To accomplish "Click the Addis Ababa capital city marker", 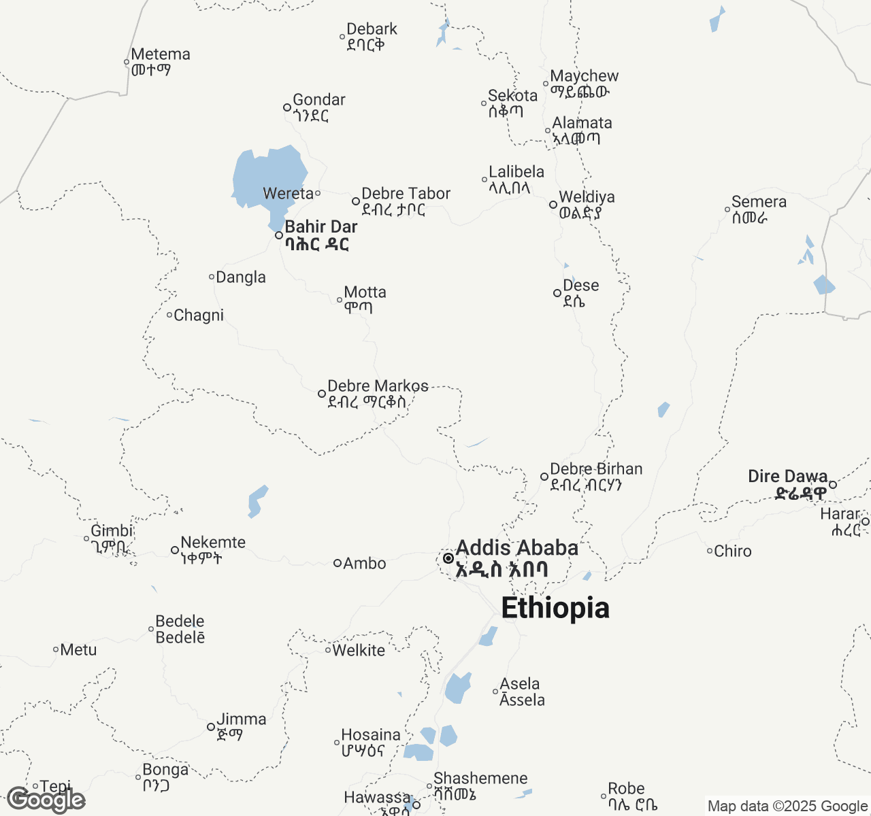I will [x=448, y=558].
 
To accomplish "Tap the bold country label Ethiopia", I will [x=555, y=608].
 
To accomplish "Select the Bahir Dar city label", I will [x=321, y=227].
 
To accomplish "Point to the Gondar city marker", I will [x=287, y=107].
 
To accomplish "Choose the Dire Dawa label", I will [x=788, y=477].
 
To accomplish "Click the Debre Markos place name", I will [x=378, y=386].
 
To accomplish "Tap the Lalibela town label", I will [x=516, y=172].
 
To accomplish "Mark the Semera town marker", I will [x=727, y=209].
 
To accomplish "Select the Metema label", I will [x=161, y=54].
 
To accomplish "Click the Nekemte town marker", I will [x=175, y=550].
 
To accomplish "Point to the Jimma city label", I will [x=241, y=719].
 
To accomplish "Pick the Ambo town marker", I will [x=337, y=563].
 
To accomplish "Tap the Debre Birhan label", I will [x=596, y=469].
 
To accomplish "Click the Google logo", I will [x=46, y=800].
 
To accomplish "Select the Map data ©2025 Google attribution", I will [x=787, y=806].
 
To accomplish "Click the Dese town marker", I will [x=557, y=293].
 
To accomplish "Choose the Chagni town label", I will [x=199, y=316].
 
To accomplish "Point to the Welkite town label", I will [x=359, y=651].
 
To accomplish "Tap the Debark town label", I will [x=372, y=29].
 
